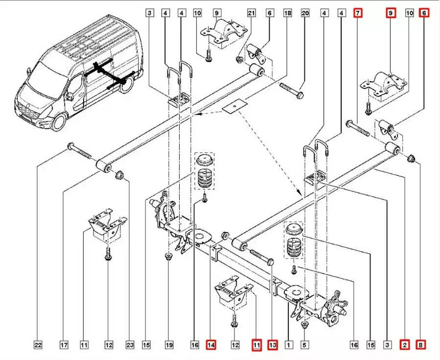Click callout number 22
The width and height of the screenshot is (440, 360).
click(38, 345)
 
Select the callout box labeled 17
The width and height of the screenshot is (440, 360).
click(64, 345)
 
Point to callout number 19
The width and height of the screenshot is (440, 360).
click(168, 345)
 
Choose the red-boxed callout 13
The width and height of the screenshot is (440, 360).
click(273, 345)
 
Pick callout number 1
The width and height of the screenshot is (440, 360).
click(289, 345)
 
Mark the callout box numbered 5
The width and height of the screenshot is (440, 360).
click(304, 345)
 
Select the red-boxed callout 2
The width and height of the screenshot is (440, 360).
click(405, 345)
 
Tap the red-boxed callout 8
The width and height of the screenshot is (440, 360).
click(420, 345)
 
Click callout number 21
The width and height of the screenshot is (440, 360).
click(252, 13)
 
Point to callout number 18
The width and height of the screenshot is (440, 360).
click(287, 13)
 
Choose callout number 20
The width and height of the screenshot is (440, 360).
click(305, 13)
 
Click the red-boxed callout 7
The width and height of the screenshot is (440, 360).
click(358, 13)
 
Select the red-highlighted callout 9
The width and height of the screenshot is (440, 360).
click(391, 13)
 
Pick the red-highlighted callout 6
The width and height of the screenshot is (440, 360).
click(424, 13)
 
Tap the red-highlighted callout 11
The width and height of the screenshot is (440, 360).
click(256, 345)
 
